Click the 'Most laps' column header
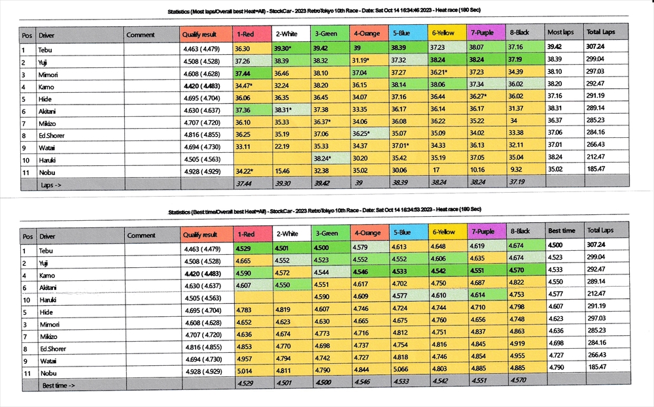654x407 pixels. [x=560, y=32]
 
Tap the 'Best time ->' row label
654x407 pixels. [x=59, y=385]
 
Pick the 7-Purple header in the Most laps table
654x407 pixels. [x=486, y=32]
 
